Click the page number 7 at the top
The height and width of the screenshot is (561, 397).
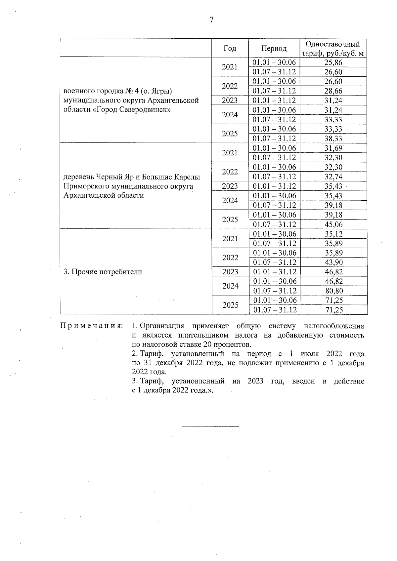pyautogui.click(x=211, y=20)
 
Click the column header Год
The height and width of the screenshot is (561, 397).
pyautogui.click(x=230, y=49)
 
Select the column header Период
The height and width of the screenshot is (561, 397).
pyautogui.click(x=274, y=49)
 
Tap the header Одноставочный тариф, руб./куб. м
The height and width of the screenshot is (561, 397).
pyautogui.click(x=333, y=49)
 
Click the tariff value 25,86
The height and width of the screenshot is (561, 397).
pyautogui.click(x=333, y=62)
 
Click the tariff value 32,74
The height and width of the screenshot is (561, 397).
pyautogui.click(x=333, y=177)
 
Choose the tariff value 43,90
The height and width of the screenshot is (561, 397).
pyautogui.click(x=333, y=262)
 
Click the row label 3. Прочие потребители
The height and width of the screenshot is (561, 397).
pyautogui.click(x=103, y=272)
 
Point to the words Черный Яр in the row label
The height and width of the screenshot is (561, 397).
pyautogui.click(x=114, y=177)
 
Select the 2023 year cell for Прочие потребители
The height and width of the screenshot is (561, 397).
pyautogui.click(x=230, y=272)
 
